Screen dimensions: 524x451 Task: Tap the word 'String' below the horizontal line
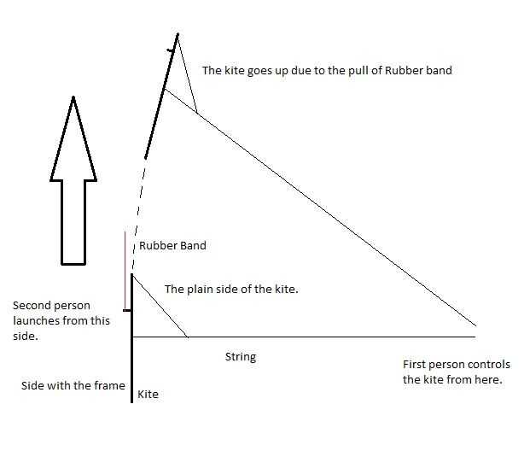[x=240, y=356]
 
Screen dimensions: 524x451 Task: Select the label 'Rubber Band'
[x=172, y=246]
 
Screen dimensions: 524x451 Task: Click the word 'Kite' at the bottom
[x=148, y=395]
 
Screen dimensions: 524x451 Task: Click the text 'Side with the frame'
[x=73, y=386]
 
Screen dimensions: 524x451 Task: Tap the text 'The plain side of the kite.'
[x=230, y=290]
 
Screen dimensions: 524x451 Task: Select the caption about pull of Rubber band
[x=326, y=71]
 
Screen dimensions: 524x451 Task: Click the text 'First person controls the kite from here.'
[x=457, y=372]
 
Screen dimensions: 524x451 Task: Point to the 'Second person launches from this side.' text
[x=50, y=321]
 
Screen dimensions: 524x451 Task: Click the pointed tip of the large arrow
[x=73, y=98]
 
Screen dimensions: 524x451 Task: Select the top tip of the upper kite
[x=178, y=33]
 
